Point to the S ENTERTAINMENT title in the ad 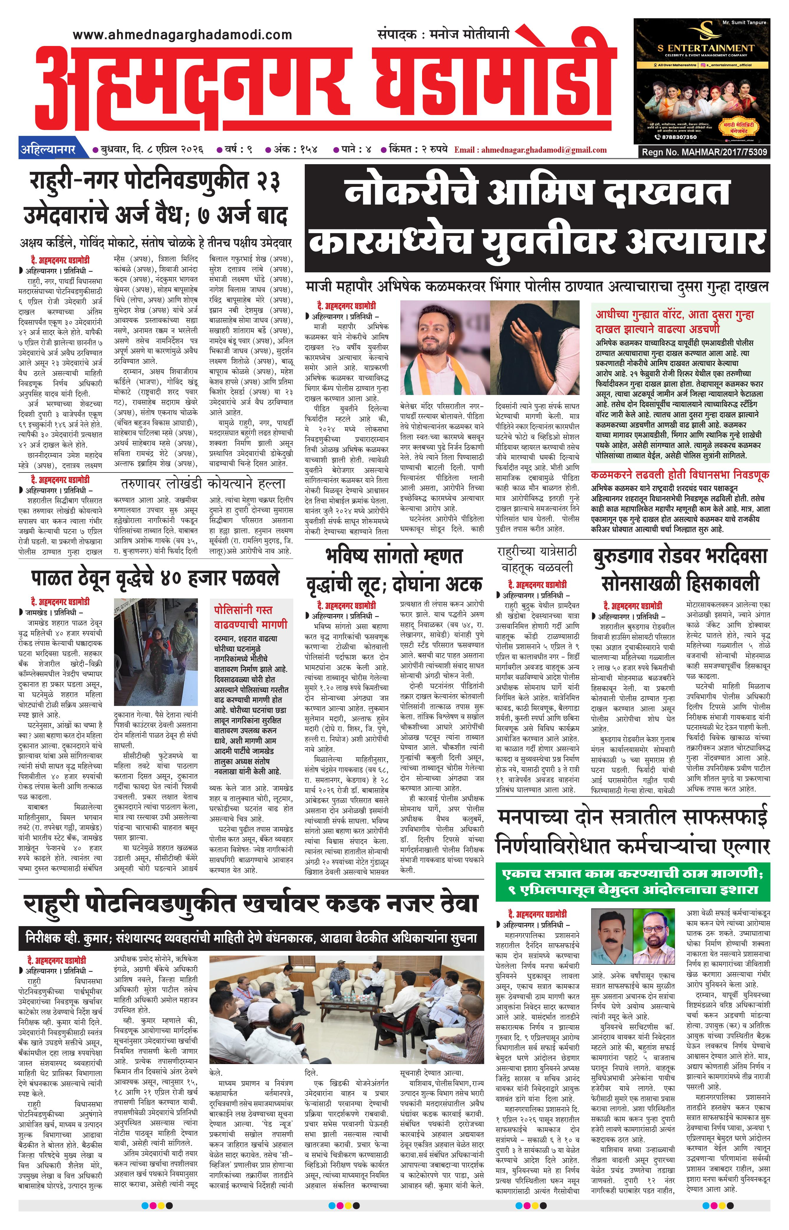pos(706,48)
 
